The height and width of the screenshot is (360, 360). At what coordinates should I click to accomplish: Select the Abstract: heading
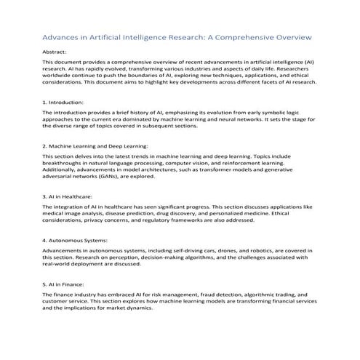click(56, 52)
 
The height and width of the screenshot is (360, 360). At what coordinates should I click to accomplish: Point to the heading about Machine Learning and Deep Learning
click(95, 145)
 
